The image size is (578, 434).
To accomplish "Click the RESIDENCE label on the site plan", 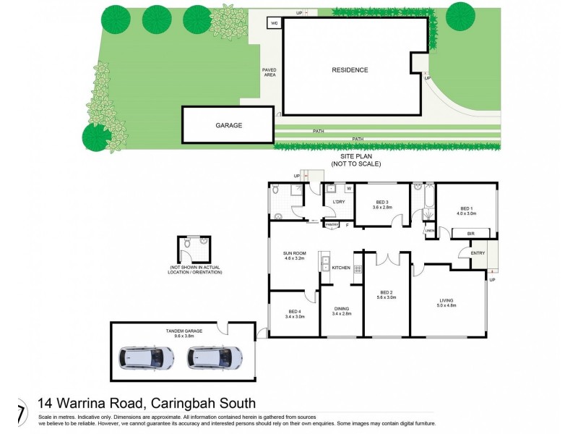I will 350,70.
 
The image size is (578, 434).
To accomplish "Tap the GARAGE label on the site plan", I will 228,125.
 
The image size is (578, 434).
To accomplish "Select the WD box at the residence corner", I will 275,23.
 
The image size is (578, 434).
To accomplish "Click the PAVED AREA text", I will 269,72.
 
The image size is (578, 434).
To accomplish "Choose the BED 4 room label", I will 294,313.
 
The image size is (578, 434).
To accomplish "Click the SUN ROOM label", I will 296,255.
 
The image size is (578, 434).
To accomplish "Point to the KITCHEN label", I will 341,268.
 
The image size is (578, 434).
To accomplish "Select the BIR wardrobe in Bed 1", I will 470,234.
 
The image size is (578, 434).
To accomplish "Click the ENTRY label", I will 478,252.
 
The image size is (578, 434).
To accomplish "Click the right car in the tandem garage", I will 214,357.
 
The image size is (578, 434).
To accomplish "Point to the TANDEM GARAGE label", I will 184,333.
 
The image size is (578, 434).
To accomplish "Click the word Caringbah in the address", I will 176,404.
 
